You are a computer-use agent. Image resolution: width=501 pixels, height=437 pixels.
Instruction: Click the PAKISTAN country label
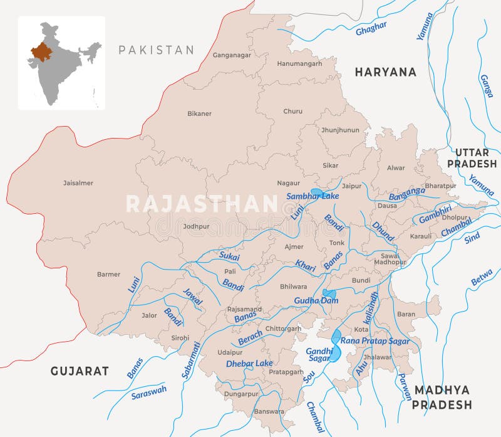click(156, 50)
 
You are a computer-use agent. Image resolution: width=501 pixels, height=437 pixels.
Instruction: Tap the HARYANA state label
click(385, 72)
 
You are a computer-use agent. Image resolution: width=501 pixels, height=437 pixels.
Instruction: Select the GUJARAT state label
click(80, 371)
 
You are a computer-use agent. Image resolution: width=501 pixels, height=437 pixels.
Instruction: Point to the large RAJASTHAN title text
click(202, 204)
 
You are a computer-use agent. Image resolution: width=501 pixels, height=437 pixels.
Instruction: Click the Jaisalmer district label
click(78, 183)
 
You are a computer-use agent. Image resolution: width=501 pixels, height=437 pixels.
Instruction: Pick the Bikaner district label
click(199, 113)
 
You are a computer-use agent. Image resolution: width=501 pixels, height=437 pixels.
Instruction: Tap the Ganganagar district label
click(232, 55)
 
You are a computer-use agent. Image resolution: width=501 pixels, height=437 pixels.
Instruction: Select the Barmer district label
click(108, 274)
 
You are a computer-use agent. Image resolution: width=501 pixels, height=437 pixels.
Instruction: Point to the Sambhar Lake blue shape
click(317, 192)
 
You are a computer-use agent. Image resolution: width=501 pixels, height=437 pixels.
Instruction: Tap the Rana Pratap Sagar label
click(375, 341)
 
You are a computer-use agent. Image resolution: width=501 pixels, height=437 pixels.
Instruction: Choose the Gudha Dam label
click(316, 301)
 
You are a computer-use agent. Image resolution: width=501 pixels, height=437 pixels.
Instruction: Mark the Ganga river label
click(485, 86)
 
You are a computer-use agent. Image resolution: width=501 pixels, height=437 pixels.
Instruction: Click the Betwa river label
click(482, 277)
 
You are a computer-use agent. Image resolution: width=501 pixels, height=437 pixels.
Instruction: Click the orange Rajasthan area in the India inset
click(41, 52)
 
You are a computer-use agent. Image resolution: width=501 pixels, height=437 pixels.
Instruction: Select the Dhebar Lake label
click(249, 363)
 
